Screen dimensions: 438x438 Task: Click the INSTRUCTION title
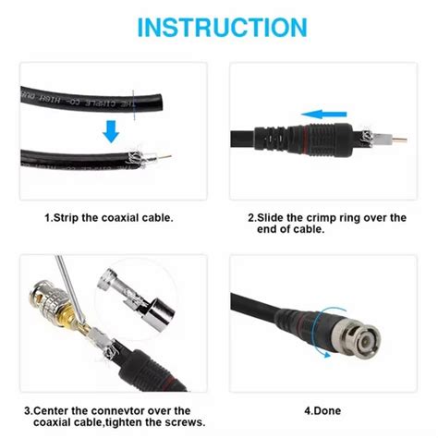218,27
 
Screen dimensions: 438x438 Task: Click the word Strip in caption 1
77,218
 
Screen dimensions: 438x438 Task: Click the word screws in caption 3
176,423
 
